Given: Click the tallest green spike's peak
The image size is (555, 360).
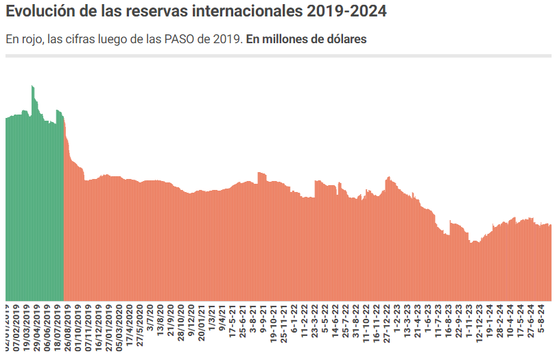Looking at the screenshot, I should pyautogui.click(x=32, y=86).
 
